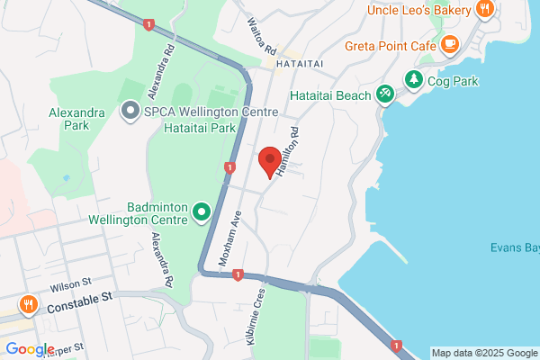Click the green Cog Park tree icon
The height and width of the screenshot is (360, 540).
[414, 80]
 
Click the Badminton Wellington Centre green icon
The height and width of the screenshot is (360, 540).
[202, 212]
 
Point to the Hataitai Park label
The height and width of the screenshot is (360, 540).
[199, 129]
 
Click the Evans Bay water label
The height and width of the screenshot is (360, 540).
[514, 247]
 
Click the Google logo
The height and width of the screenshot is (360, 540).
[31, 349]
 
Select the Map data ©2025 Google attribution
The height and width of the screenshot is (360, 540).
[483, 352]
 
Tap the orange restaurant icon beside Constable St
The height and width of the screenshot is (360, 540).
[30, 304]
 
